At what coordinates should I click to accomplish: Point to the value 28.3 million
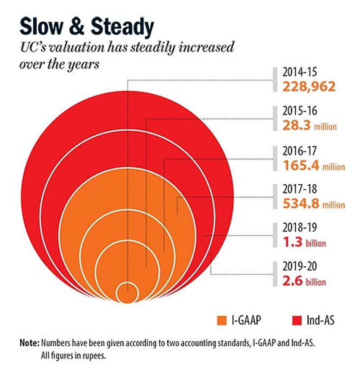pyautogui.click(x=309, y=126)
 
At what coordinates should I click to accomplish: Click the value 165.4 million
pyautogui.click(x=314, y=166)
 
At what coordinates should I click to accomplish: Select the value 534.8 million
pyautogui.click(x=314, y=204)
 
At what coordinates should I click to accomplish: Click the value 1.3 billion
pyautogui.click(x=304, y=243)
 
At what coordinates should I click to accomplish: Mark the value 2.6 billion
pyautogui.click(x=304, y=282)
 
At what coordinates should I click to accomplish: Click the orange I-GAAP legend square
pyautogui.click(x=221, y=321)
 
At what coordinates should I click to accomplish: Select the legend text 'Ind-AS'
pyautogui.click(x=320, y=321)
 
